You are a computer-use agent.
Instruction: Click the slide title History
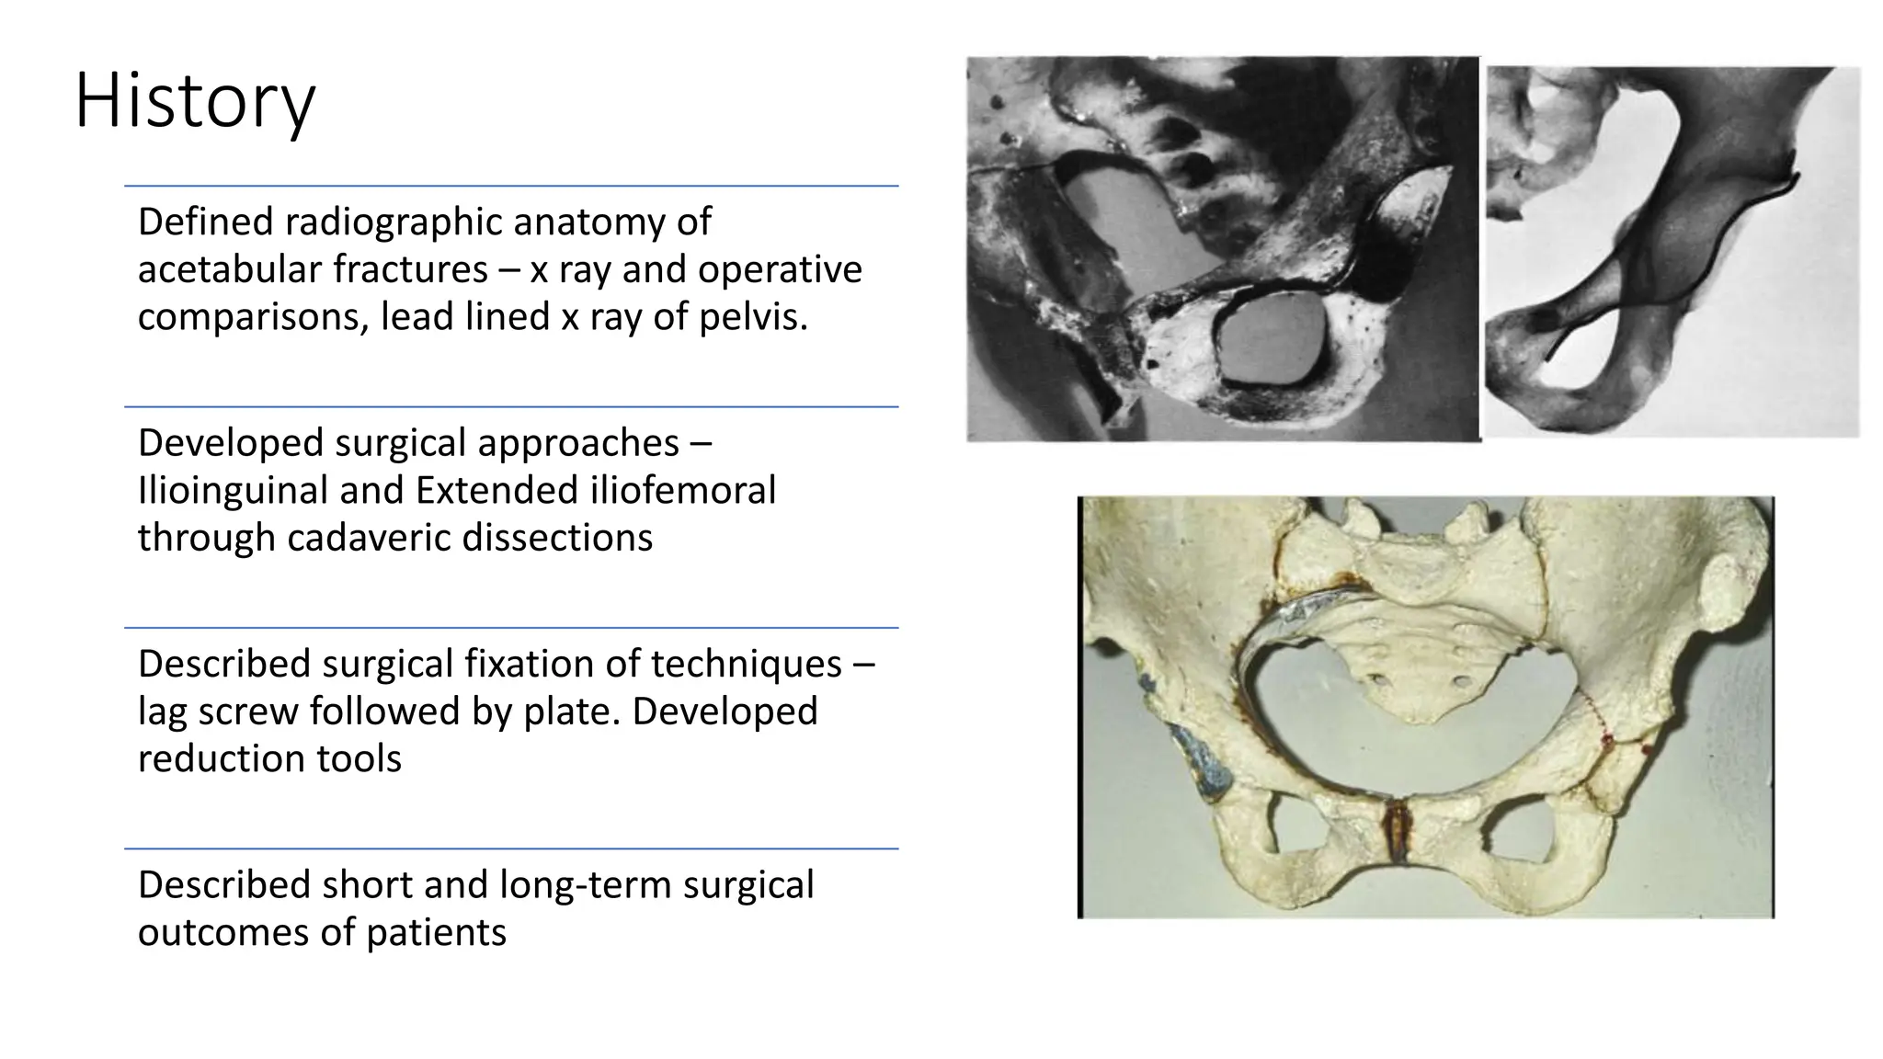click(195, 101)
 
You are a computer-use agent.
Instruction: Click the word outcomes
click(223, 933)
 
